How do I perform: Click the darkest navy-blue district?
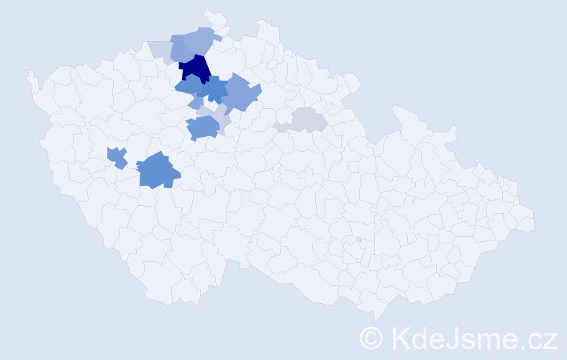click(194, 69)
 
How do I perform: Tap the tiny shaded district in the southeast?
click(358, 240)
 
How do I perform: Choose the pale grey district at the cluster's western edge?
click(160, 50)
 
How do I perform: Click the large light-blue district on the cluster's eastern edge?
click(241, 94)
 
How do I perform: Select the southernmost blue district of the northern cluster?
click(202, 128)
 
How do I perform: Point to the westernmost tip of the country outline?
click(29, 73)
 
